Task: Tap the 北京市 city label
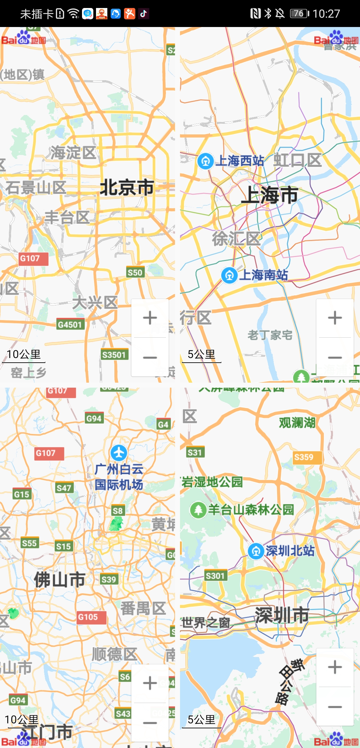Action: tap(127, 187)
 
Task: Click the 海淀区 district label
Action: tap(73, 153)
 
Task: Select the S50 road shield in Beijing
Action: tap(135, 273)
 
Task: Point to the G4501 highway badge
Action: tap(70, 324)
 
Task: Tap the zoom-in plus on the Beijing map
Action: tap(150, 318)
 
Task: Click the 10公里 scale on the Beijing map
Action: tap(24, 355)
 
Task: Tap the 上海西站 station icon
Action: tap(206, 161)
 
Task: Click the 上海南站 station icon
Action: tap(229, 276)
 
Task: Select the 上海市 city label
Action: tap(269, 195)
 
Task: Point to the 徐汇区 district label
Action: tap(236, 239)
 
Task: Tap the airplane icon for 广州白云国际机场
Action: tap(119, 453)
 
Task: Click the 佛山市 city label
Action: tap(60, 580)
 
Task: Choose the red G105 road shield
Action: tap(88, 617)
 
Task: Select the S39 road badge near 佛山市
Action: tap(109, 579)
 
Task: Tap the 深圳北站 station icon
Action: tap(256, 551)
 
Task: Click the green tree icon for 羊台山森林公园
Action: tap(198, 510)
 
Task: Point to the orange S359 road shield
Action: tap(304, 457)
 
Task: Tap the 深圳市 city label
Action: tap(282, 615)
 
